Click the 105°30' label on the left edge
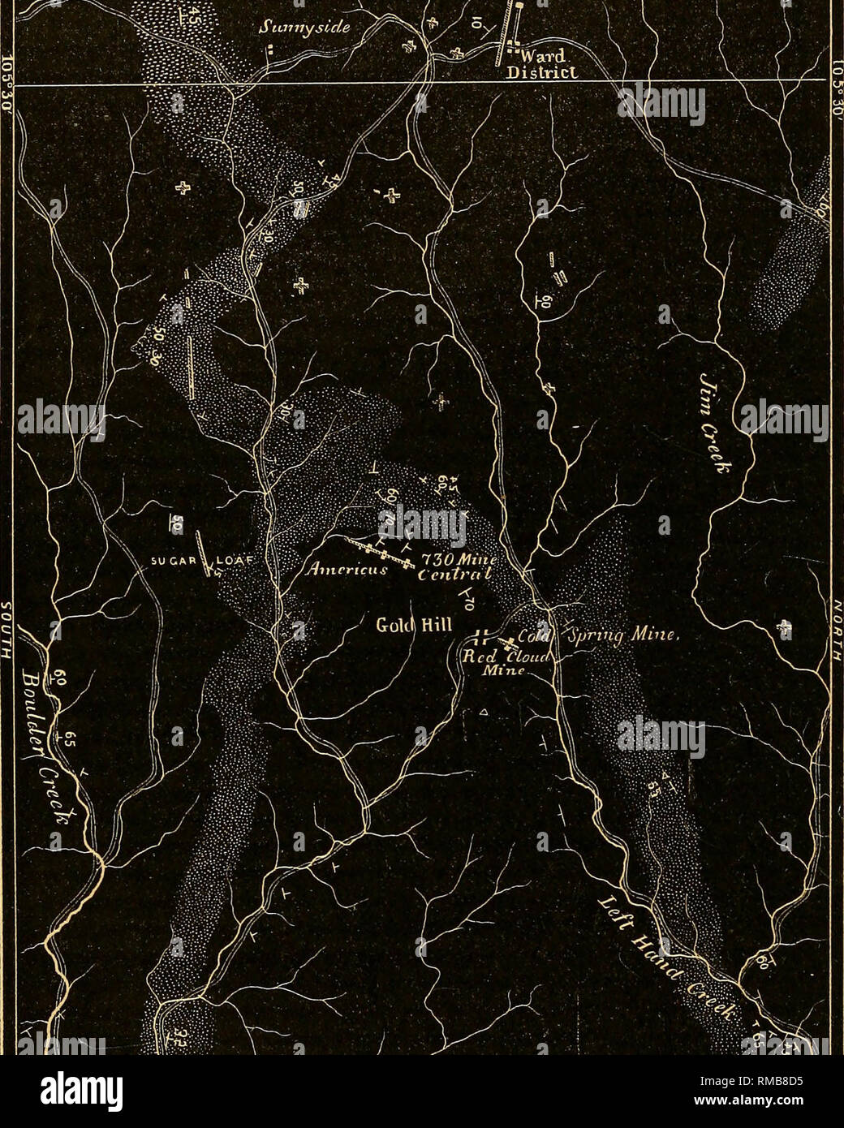tap(8, 81)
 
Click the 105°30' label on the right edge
tap(836, 81)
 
